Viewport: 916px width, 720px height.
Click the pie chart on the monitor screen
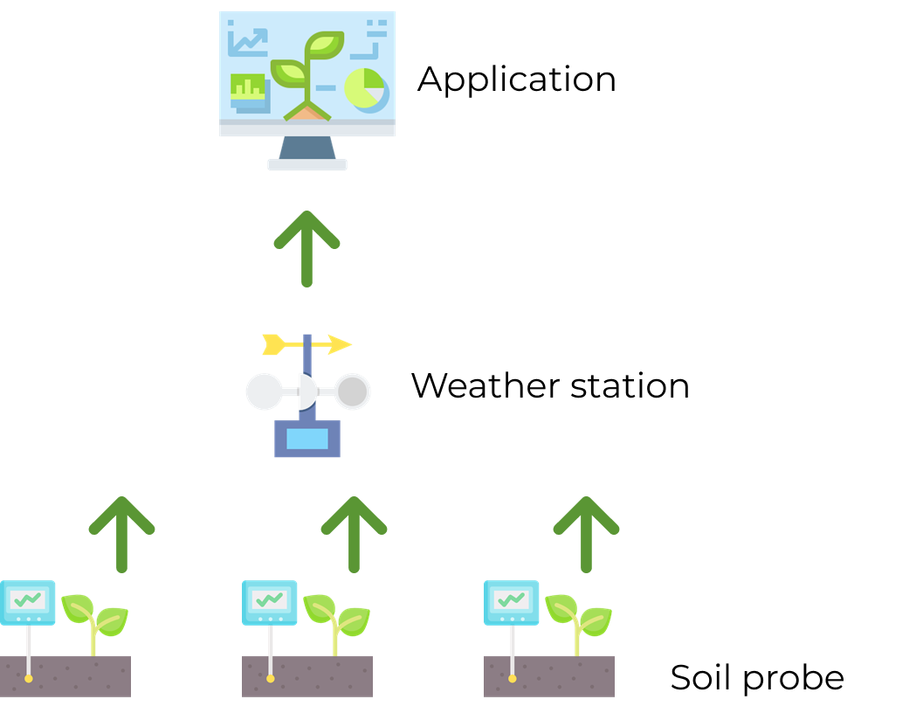[x=365, y=88]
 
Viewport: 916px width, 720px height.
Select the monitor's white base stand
[x=306, y=164]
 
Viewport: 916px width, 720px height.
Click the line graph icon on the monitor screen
[x=248, y=41]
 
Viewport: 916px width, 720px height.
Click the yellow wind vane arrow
[x=306, y=344]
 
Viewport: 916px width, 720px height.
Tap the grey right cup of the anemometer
[x=353, y=391]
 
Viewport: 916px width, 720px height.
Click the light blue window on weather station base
[x=307, y=439]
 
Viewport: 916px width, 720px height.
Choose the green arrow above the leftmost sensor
[x=121, y=533]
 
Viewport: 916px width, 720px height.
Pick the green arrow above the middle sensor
[x=354, y=533]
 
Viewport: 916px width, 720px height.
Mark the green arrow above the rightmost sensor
[x=586, y=533]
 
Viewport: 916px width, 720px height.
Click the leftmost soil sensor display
[x=28, y=601]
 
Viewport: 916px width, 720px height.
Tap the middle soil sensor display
[x=270, y=601]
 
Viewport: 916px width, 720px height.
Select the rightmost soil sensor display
[x=512, y=601]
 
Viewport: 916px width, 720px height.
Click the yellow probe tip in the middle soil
[x=271, y=678]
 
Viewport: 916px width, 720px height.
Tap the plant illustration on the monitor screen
[x=306, y=74]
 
